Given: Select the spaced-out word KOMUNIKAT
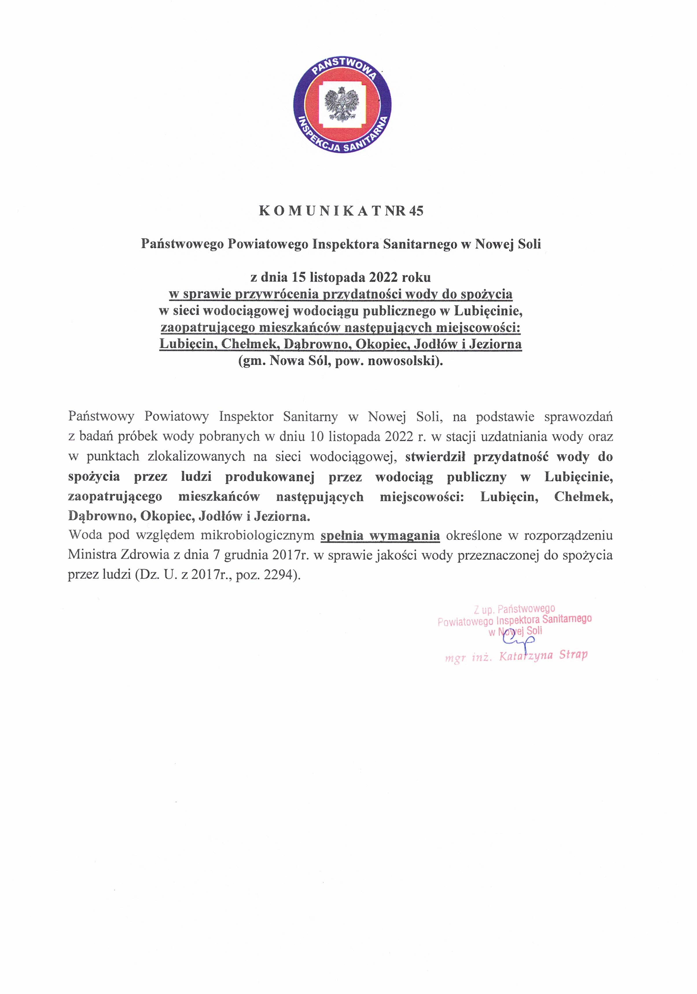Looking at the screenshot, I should (x=319, y=211).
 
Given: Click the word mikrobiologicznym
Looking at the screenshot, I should (x=257, y=536).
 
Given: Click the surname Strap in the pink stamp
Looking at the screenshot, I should (x=573, y=654).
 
